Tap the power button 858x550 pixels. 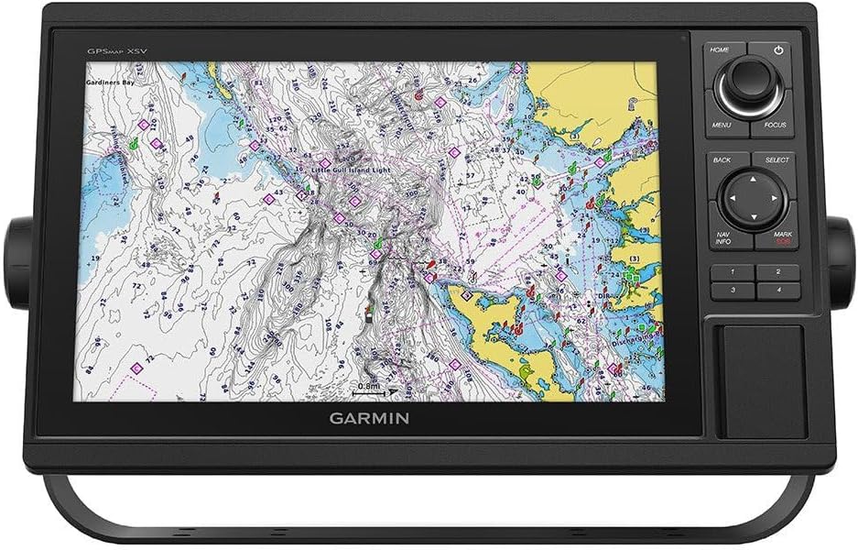[778, 51]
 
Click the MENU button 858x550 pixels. [722, 124]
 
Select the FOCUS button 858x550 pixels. [775, 124]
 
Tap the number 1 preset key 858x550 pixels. [733, 272]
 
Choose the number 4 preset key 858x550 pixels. [778, 290]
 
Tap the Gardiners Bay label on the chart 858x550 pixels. [110, 82]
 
